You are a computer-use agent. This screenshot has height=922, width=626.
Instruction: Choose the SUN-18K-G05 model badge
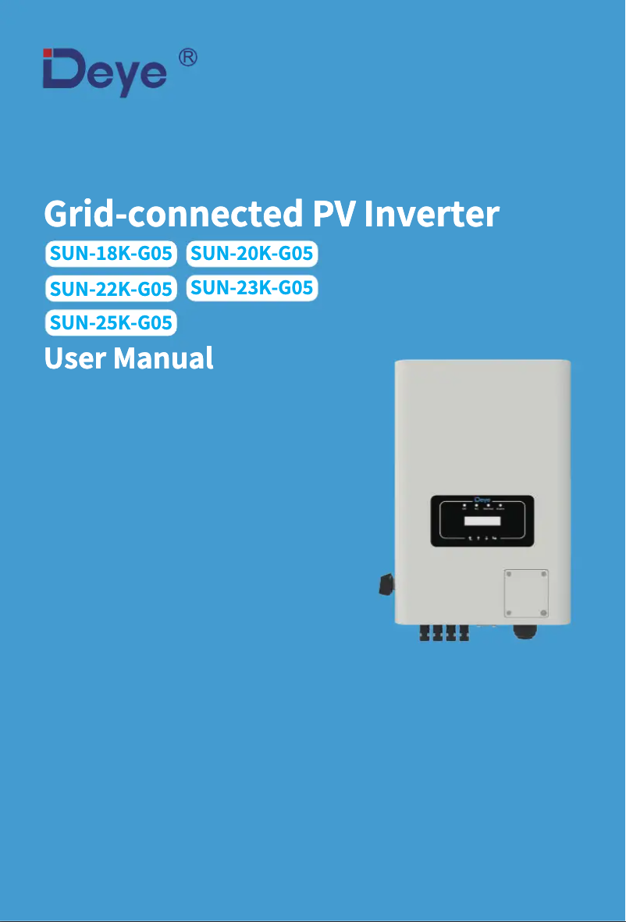(x=111, y=254)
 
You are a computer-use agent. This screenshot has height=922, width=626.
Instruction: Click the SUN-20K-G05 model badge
(x=252, y=254)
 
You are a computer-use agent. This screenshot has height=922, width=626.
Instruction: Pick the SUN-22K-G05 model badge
(x=111, y=289)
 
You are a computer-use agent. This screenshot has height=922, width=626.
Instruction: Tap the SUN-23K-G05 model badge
(x=252, y=288)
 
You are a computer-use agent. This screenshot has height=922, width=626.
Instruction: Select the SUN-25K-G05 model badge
(x=111, y=322)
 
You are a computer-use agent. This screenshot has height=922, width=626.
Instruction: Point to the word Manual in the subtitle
(x=163, y=358)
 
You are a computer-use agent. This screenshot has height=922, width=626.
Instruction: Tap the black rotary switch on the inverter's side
(x=385, y=584)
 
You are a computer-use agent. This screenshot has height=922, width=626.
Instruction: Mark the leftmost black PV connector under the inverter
(x=425, y=632)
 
